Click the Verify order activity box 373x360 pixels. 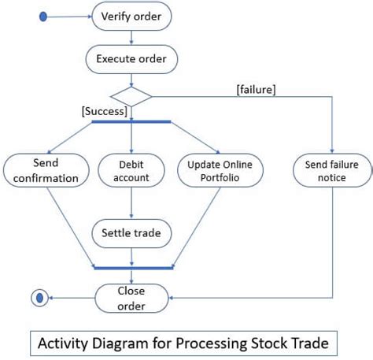pyautogui.click(x=131, y=15)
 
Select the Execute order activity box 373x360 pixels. pyautogui.click(x=131, y=58)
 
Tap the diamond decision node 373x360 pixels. pyautogui.click(x=131, y=96)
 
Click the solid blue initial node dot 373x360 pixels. pyautogui.click(x=42, y=15)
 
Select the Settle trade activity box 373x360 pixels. pyautogui.click(x=131, y=233)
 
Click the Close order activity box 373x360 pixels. pyautogui.click(x=131, y=297)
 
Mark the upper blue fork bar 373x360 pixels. pyautogui.click(x=131, y=121)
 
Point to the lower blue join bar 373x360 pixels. pyautogui.click(x=131, y=268)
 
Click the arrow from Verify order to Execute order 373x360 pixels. pyautogui.click(x=131, y=37)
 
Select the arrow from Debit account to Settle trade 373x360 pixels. pyautogui.click(x=131, y=203)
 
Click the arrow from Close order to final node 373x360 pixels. pyautogui.click(x=71, y=298)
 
